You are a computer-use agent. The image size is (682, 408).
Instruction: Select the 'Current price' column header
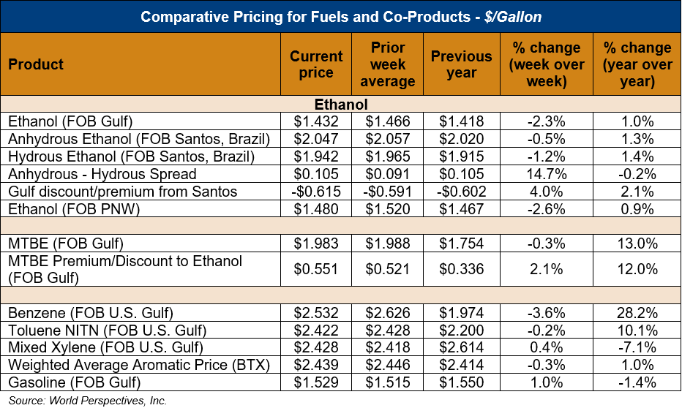click(316, 64)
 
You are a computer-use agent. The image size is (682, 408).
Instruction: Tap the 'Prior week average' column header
click(388, 64)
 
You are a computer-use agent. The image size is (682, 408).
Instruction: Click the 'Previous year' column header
click(461, 64)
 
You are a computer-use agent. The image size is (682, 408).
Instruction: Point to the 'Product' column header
click(37, 64)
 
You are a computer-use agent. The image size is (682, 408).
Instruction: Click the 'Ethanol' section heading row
click(341, 105)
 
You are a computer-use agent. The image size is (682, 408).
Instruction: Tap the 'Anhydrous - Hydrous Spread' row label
click(102, 174)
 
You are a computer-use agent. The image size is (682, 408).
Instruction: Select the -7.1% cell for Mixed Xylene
click(637, 348)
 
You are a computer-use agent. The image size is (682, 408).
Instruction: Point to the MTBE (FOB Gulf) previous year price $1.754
click(461, 243)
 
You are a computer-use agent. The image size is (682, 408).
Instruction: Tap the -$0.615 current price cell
click(316, 192)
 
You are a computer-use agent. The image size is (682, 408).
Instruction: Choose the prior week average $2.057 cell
click(388, 139)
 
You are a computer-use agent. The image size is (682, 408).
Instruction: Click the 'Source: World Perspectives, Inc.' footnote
click(88, 401)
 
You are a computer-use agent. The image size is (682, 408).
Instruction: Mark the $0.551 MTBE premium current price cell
click(316, 269)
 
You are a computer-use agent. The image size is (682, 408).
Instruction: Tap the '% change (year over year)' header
click(637, 64)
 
